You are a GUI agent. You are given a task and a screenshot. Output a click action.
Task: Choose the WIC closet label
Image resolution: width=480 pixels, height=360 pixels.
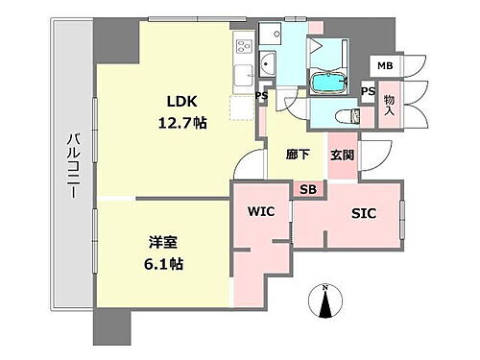(261, 211)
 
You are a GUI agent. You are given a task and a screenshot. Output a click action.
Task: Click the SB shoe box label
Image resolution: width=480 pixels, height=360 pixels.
(308, 189)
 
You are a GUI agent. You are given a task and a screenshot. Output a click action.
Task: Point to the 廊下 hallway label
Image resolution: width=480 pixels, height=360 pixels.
(296, 154)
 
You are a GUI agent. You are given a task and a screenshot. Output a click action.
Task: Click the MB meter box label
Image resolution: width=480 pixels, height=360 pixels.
(384, 65)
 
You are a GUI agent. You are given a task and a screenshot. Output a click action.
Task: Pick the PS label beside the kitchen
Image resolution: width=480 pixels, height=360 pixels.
(261, 96)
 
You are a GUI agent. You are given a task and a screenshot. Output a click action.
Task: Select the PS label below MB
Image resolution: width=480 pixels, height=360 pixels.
(368, 90)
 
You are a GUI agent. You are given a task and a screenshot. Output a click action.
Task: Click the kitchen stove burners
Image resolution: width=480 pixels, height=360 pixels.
(242, 44)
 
